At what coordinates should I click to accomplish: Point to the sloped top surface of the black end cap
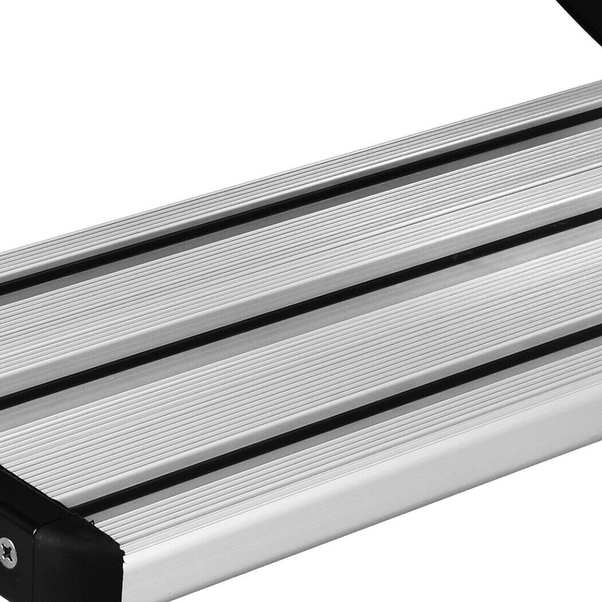pyautogui.click(x=36, y=506)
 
